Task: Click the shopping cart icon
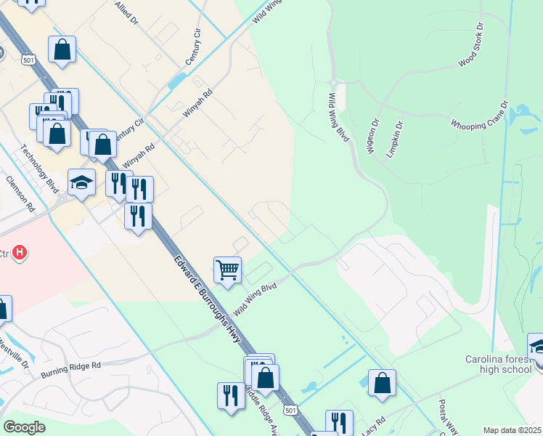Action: pyautogui.click(x=227, y=270)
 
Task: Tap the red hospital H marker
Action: pyautogui.click(x=20, y=253)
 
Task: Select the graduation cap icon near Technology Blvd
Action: pyautogui.click(x=81, y=182)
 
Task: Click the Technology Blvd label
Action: pyautogui.click(x=39, y=166)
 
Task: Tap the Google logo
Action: pyautogui.click(x=24, y=427)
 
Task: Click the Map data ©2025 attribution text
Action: pyautogui.click(x=512, y=430)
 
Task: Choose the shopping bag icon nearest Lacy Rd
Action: pyautogui.click(x=382, y=383)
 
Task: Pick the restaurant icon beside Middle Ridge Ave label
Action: pyautogui.click(x=231, y=396)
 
